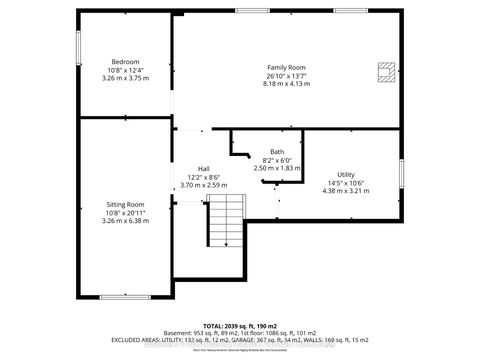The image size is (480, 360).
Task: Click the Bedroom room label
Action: tap(125, 61)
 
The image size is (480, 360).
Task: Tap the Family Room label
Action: tap(284, 66)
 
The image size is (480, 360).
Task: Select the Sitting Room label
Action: tap(126, 204)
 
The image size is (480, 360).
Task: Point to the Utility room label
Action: tap(345, 174)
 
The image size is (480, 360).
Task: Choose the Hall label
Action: tap(204, 168)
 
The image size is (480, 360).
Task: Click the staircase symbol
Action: tap(226, 222)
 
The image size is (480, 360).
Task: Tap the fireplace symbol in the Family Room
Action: tap(385, 70)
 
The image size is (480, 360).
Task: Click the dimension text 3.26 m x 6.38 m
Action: tap(126, 221)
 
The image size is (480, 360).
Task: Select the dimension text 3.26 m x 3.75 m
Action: tap(125, 78)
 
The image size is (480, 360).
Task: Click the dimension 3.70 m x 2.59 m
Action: tap(204, 185)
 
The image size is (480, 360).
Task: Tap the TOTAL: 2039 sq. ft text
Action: tap(240, 326)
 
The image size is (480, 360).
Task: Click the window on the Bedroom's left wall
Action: tap(79, 48)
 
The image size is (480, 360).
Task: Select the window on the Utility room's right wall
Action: tap(401, 180)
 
